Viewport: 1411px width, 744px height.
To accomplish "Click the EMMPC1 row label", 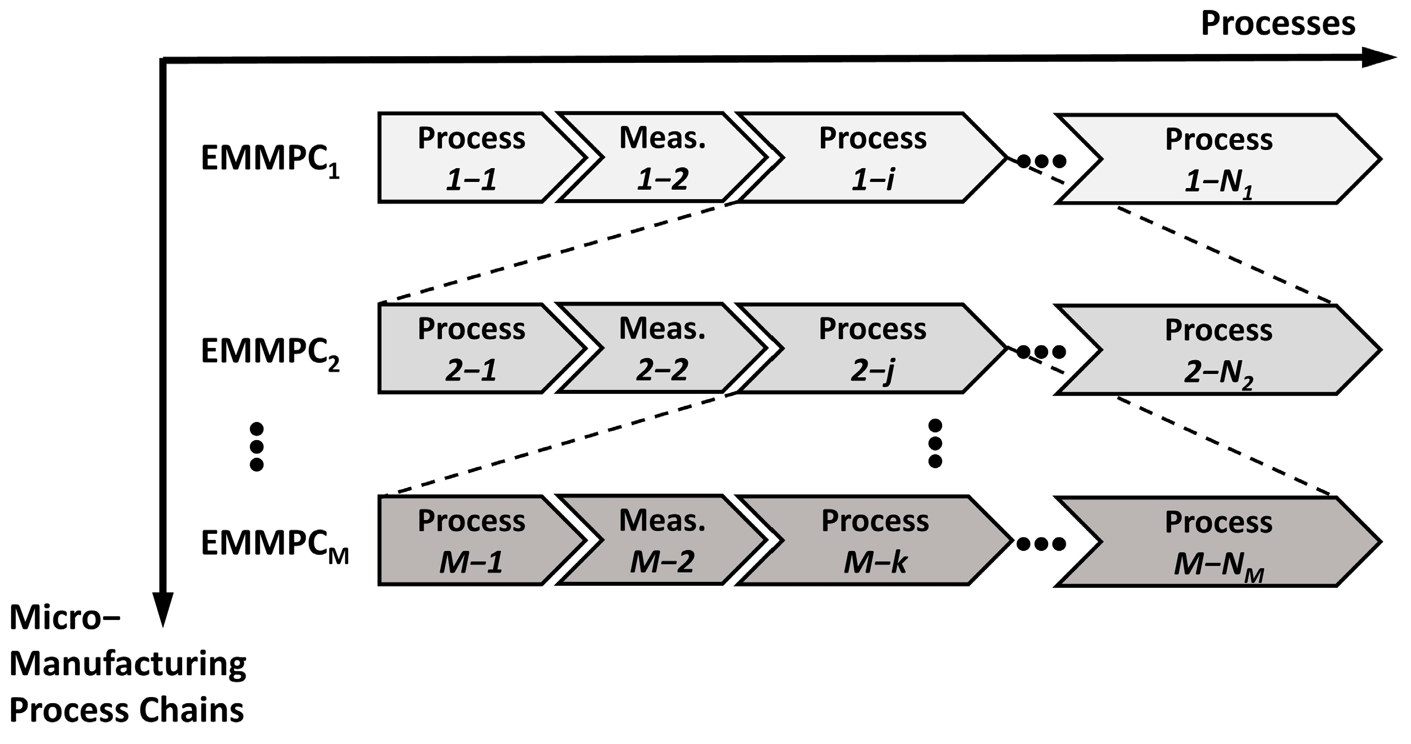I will pos(270,160).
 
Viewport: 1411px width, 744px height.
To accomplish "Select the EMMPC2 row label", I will pos(270,352).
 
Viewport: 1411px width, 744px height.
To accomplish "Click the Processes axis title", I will pos(1278,24).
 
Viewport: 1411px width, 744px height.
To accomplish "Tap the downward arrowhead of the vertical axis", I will pos(163,609).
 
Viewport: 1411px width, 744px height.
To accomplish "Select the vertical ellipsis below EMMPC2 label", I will pos(256,447).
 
